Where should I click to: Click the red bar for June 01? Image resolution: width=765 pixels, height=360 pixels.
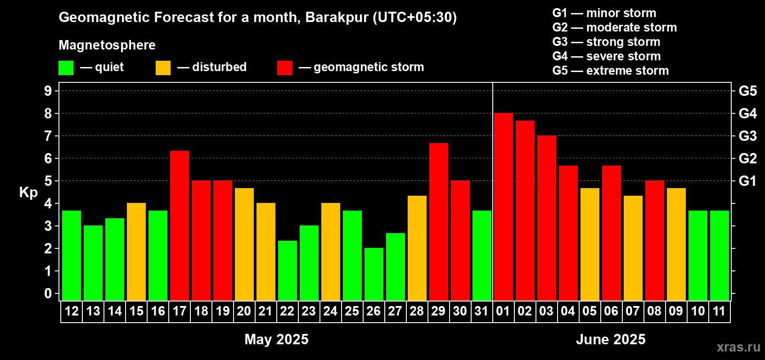click(504, 207)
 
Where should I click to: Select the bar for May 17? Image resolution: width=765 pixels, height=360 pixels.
click(179, 226)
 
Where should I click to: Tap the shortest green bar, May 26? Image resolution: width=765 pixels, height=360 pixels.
click(373, 274)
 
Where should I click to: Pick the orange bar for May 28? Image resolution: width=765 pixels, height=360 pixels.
click(417, 248)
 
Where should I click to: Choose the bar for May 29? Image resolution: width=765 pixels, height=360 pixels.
click(438, 222)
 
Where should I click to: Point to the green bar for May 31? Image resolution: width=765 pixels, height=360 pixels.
click(482, 256)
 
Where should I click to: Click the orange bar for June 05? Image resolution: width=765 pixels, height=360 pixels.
click(590, 244)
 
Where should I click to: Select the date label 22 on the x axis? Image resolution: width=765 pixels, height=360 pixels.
click(287, 311)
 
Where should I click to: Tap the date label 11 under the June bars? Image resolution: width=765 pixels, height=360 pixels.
click(719, 311)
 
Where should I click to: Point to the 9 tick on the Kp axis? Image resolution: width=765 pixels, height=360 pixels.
click(48, 91)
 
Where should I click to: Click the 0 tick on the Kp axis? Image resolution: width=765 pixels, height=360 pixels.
click(48, 293)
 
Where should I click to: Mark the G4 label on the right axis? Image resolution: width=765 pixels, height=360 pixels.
click(748, 113)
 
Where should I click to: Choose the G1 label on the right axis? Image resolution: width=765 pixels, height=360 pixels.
click(748, 181)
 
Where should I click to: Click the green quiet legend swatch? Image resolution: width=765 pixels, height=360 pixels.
click(66, 67)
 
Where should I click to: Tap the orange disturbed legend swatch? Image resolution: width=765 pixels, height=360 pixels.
click(163, 67)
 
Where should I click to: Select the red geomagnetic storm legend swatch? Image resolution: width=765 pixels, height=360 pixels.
click(285, 67)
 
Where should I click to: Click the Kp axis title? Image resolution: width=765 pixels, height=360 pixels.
click(28, 193)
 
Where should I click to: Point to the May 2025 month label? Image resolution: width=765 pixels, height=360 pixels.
click(277, 339)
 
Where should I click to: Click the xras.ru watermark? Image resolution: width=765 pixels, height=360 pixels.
click(738, 347)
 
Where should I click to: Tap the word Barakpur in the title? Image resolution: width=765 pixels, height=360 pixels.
click(337, 18)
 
